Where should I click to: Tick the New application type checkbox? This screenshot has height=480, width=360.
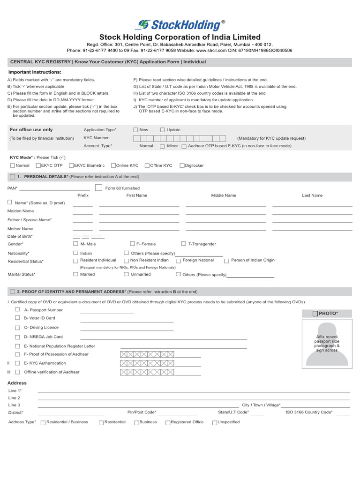[x=135, y=130]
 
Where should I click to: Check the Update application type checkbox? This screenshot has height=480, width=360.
[x=163, y=130]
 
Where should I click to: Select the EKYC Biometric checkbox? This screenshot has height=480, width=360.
[x=71, y=165]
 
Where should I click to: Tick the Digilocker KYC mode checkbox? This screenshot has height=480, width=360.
[x=182, y=165]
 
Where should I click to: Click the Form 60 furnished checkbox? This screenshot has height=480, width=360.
[x=98, y=188]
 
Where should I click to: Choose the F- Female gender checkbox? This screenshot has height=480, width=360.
[x=132, y=244]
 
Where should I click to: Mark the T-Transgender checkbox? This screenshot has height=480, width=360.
[x=184, y=244]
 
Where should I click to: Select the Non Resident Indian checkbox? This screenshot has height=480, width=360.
[x=126, y=261]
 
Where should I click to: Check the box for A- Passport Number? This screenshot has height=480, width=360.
[x=17, y=310]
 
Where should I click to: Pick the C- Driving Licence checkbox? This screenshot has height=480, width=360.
[x=17, y=328]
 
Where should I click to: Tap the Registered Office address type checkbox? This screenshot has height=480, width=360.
[x=168, y=422]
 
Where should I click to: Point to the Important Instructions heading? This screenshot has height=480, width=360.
[x=35, y=72]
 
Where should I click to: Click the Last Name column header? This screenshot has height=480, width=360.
[x=312, y=195]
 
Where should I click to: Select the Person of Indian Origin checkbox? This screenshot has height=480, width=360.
[x=226, y=261]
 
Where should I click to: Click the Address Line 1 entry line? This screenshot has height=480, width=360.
[x=194, y=392]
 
